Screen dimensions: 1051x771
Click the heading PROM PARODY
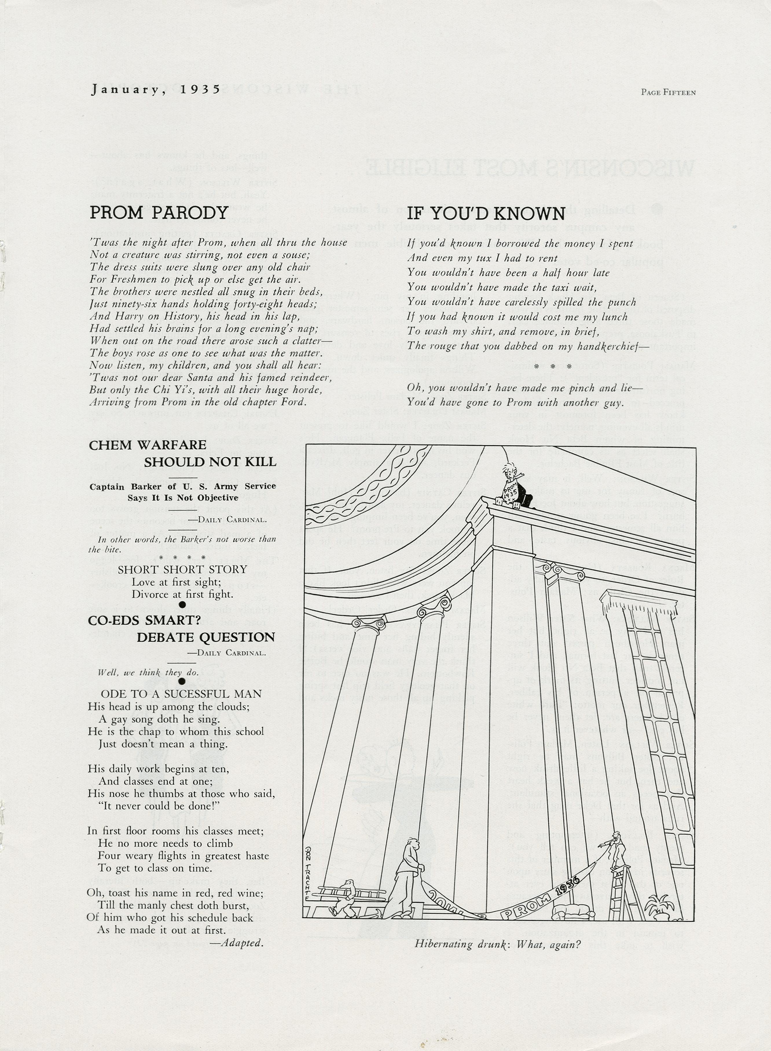coord(159,213)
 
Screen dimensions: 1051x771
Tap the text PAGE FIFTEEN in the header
coord(668,92)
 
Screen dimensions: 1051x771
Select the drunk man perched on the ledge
coord(513,487)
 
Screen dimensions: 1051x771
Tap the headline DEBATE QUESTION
coord(206,637)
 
